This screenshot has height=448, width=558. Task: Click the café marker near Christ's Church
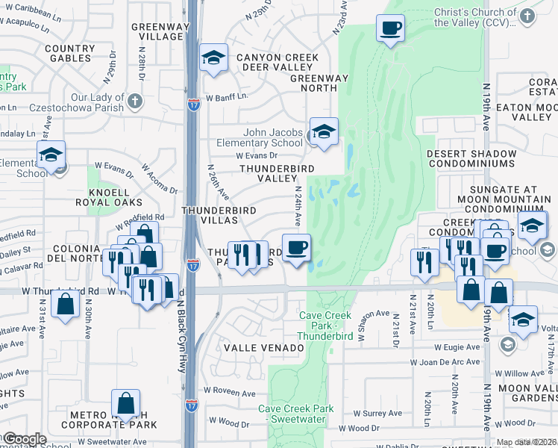point(390,30)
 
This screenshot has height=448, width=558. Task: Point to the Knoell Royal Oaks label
point(109,196)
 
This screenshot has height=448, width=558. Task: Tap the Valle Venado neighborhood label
point(260,348)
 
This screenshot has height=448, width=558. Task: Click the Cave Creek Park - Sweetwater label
point(296,414)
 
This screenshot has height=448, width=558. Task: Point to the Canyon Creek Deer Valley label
point(278,63)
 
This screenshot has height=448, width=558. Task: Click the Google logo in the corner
point(25,439)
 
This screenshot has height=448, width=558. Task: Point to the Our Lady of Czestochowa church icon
point(134,100)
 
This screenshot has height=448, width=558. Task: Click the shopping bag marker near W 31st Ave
point(66,305)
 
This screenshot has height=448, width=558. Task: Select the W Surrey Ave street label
point(377,413)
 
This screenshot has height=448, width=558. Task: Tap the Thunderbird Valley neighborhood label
point(276,173)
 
